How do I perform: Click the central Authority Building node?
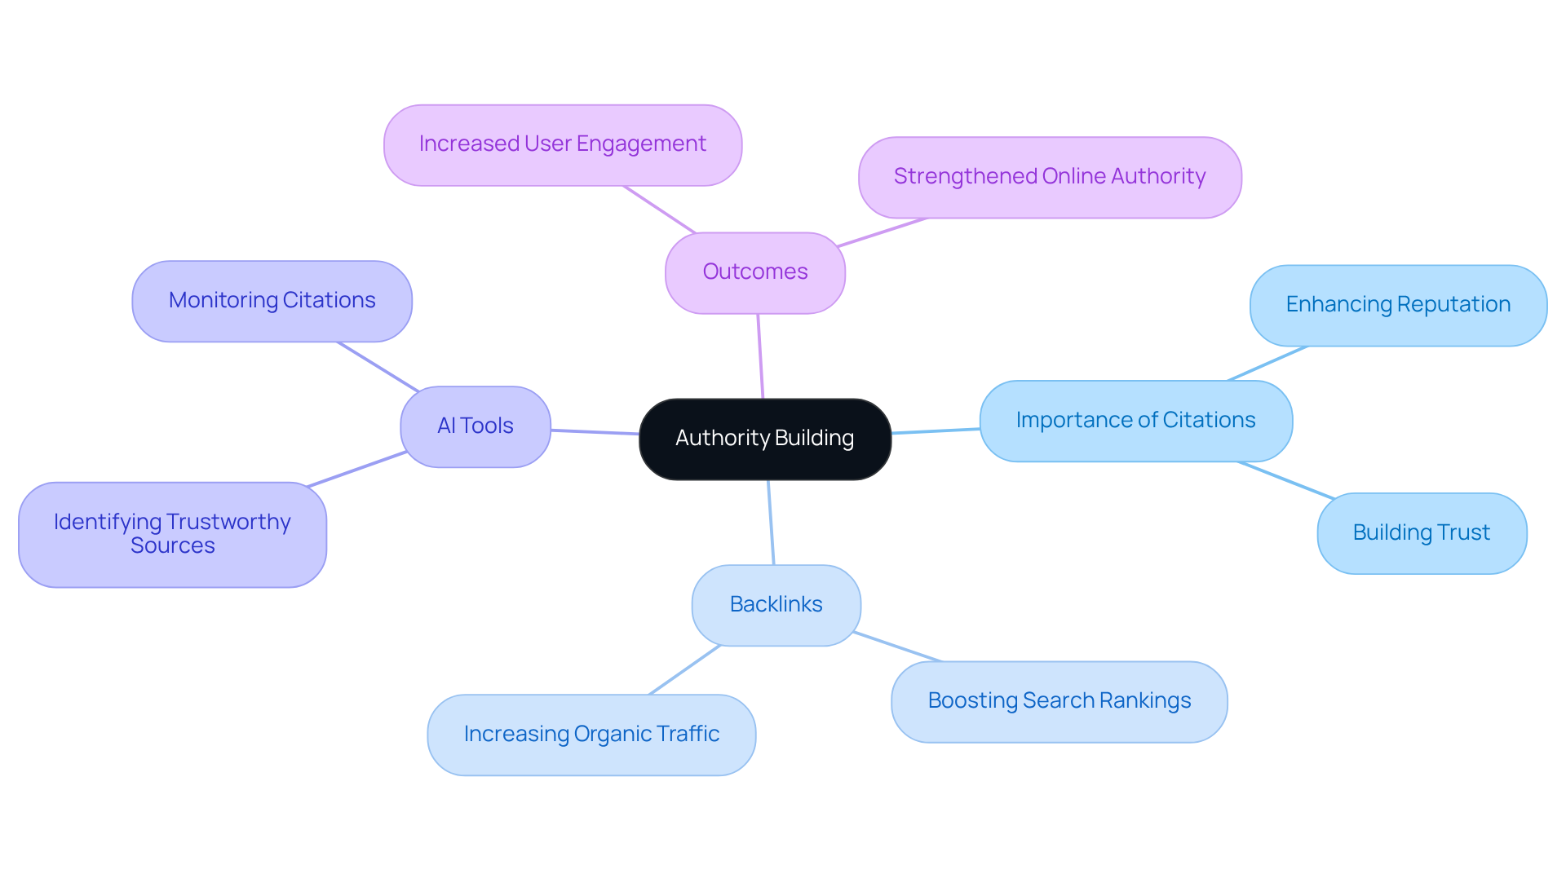[764, 439]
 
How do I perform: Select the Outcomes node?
[754, 272]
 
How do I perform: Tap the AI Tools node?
[475, 426]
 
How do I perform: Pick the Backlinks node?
[776, 605]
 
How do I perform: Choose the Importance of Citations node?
[1135, 421]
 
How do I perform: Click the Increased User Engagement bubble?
[562, 144]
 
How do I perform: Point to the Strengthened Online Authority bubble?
[1049, 177]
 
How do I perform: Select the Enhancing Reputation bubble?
[1397, 305]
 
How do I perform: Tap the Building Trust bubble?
[1421, 533]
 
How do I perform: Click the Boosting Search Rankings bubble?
[1059, 701]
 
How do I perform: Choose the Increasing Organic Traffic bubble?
[591, 735]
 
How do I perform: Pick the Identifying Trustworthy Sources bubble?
[172, 534]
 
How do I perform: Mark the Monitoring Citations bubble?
[272, 301]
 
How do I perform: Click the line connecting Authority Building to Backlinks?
[771, 523]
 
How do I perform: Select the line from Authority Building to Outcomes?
[760, 356]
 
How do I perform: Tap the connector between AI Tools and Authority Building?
[595, 432]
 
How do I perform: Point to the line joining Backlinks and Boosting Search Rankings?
[897, 647]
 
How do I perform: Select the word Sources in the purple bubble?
[172, 546]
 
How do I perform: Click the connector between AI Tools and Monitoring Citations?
[378, 366]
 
